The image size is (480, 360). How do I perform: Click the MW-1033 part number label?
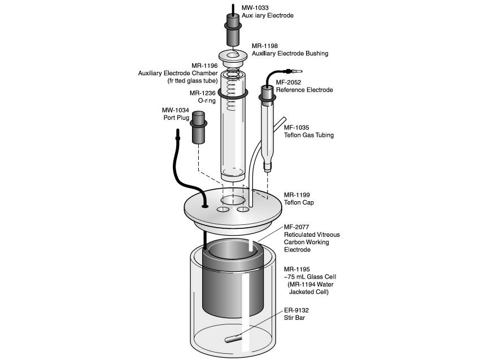point(255,8)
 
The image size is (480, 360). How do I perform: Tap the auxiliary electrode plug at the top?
point(233,32)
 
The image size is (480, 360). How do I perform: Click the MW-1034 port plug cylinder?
point(199,128)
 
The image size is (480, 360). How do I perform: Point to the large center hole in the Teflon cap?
point(233,201)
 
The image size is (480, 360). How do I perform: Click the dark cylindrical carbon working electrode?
point(232,288)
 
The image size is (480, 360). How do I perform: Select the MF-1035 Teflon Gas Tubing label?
point(308,131)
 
